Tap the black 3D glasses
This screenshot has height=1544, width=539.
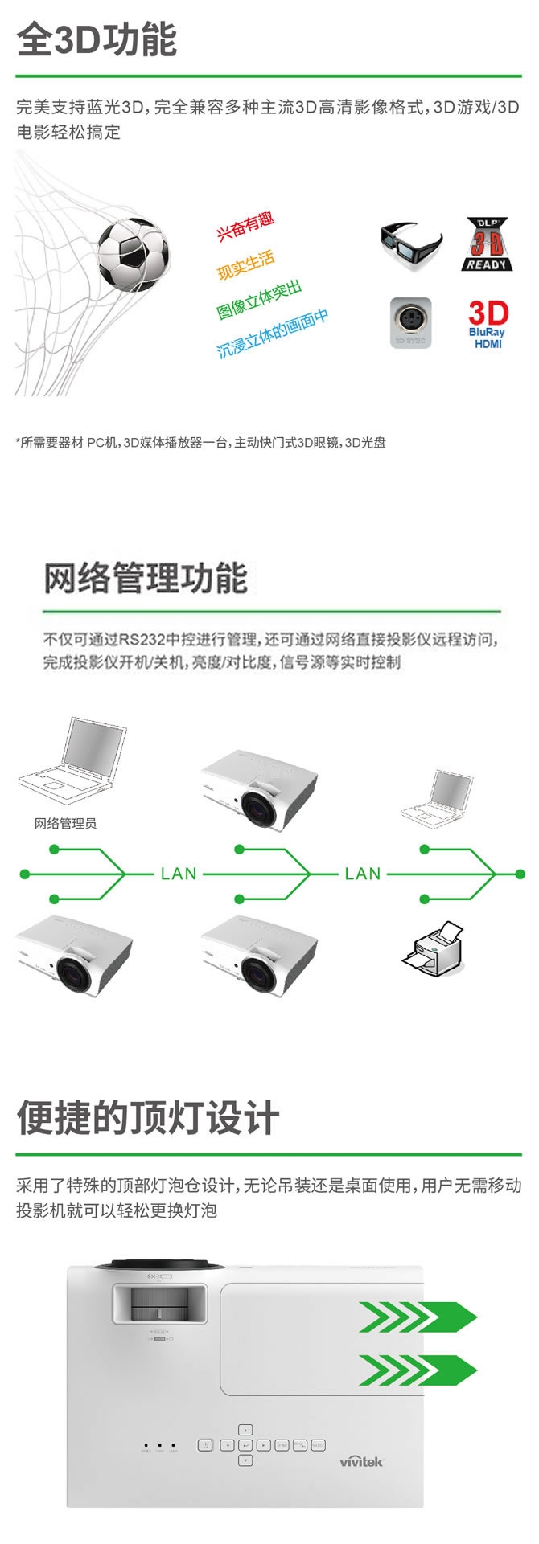tap(410, 244)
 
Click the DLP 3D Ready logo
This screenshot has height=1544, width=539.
tap(488, 244)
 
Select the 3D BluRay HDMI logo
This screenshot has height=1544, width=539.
tap(488, 324)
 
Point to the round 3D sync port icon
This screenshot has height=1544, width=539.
tap(410, 322)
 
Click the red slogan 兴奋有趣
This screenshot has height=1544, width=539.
tap(245, 226)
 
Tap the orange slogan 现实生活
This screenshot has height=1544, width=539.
tap(246, 264)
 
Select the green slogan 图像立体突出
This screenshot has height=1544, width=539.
tap(259, 301)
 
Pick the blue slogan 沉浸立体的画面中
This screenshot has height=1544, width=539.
tap(273, 333)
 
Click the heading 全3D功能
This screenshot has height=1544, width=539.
tap(97, 40)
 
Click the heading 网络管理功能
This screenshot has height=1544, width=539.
tap(145, 579)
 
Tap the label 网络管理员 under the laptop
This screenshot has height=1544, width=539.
tap(65, 824)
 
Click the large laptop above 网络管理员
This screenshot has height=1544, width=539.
tap(74, 760)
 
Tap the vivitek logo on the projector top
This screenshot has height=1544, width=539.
tap(361, 1438)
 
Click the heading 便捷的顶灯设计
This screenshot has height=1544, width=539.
tap(148, 1117)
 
